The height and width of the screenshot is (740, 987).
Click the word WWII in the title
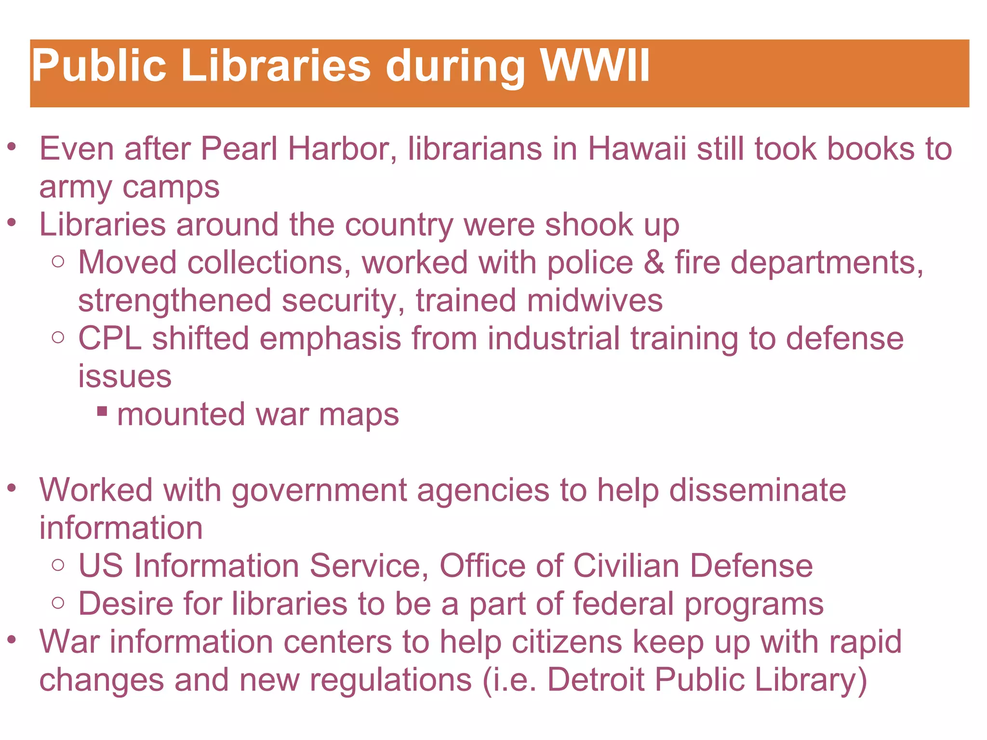pos(595,66)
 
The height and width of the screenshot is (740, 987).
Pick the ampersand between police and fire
pos(654,263)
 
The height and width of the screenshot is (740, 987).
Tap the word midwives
pos(595,301)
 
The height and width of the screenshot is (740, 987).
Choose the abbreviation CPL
pos(110,338)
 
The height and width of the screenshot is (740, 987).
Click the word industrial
pos(553,338)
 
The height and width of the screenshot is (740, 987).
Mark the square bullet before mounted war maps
pos(102,411)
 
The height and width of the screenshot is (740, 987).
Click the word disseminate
pos(758,490)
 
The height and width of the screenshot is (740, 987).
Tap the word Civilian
pos(626,566)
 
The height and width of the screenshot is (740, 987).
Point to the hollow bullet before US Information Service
pos(58,565)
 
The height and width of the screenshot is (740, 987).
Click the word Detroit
pos(596,679)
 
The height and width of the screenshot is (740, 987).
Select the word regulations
pos(390,679)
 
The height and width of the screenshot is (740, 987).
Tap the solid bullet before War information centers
pos(12,640)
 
